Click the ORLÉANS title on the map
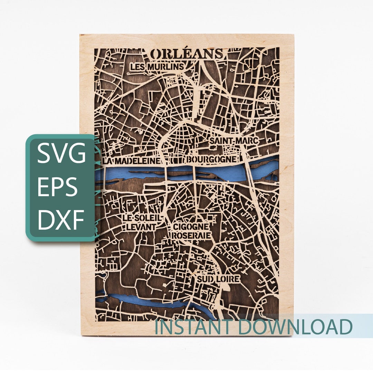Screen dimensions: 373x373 pyautogui.click(x=187, y=54)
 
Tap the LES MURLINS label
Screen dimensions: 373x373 pyautogui.click(x=156, y=67)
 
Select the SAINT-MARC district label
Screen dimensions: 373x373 pyautogui.click(x=234, y=141)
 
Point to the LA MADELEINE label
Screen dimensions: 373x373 pyautogui.click(x=132, y=161)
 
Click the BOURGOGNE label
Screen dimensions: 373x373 pyautogui.click(x=212, y=160)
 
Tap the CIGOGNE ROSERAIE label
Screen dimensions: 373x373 pyautogui.click(x=191, y=231)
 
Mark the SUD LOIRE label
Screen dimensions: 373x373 pyautogui.click(x=218, y=278)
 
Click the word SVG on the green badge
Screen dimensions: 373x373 pyautogui.click(x=61, y=154)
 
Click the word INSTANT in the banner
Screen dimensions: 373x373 pyautogui.click(x=198, y=327)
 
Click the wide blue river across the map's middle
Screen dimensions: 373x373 pyautogui.click(x=221, y=173)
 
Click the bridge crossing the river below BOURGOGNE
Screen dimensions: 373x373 pyautogui.click(x=195, y=173)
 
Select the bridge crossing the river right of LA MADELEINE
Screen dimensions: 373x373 pyautogui.click(x=166, y=173)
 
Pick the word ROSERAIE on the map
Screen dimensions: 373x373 pyautogui.click(x=191, y=235)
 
